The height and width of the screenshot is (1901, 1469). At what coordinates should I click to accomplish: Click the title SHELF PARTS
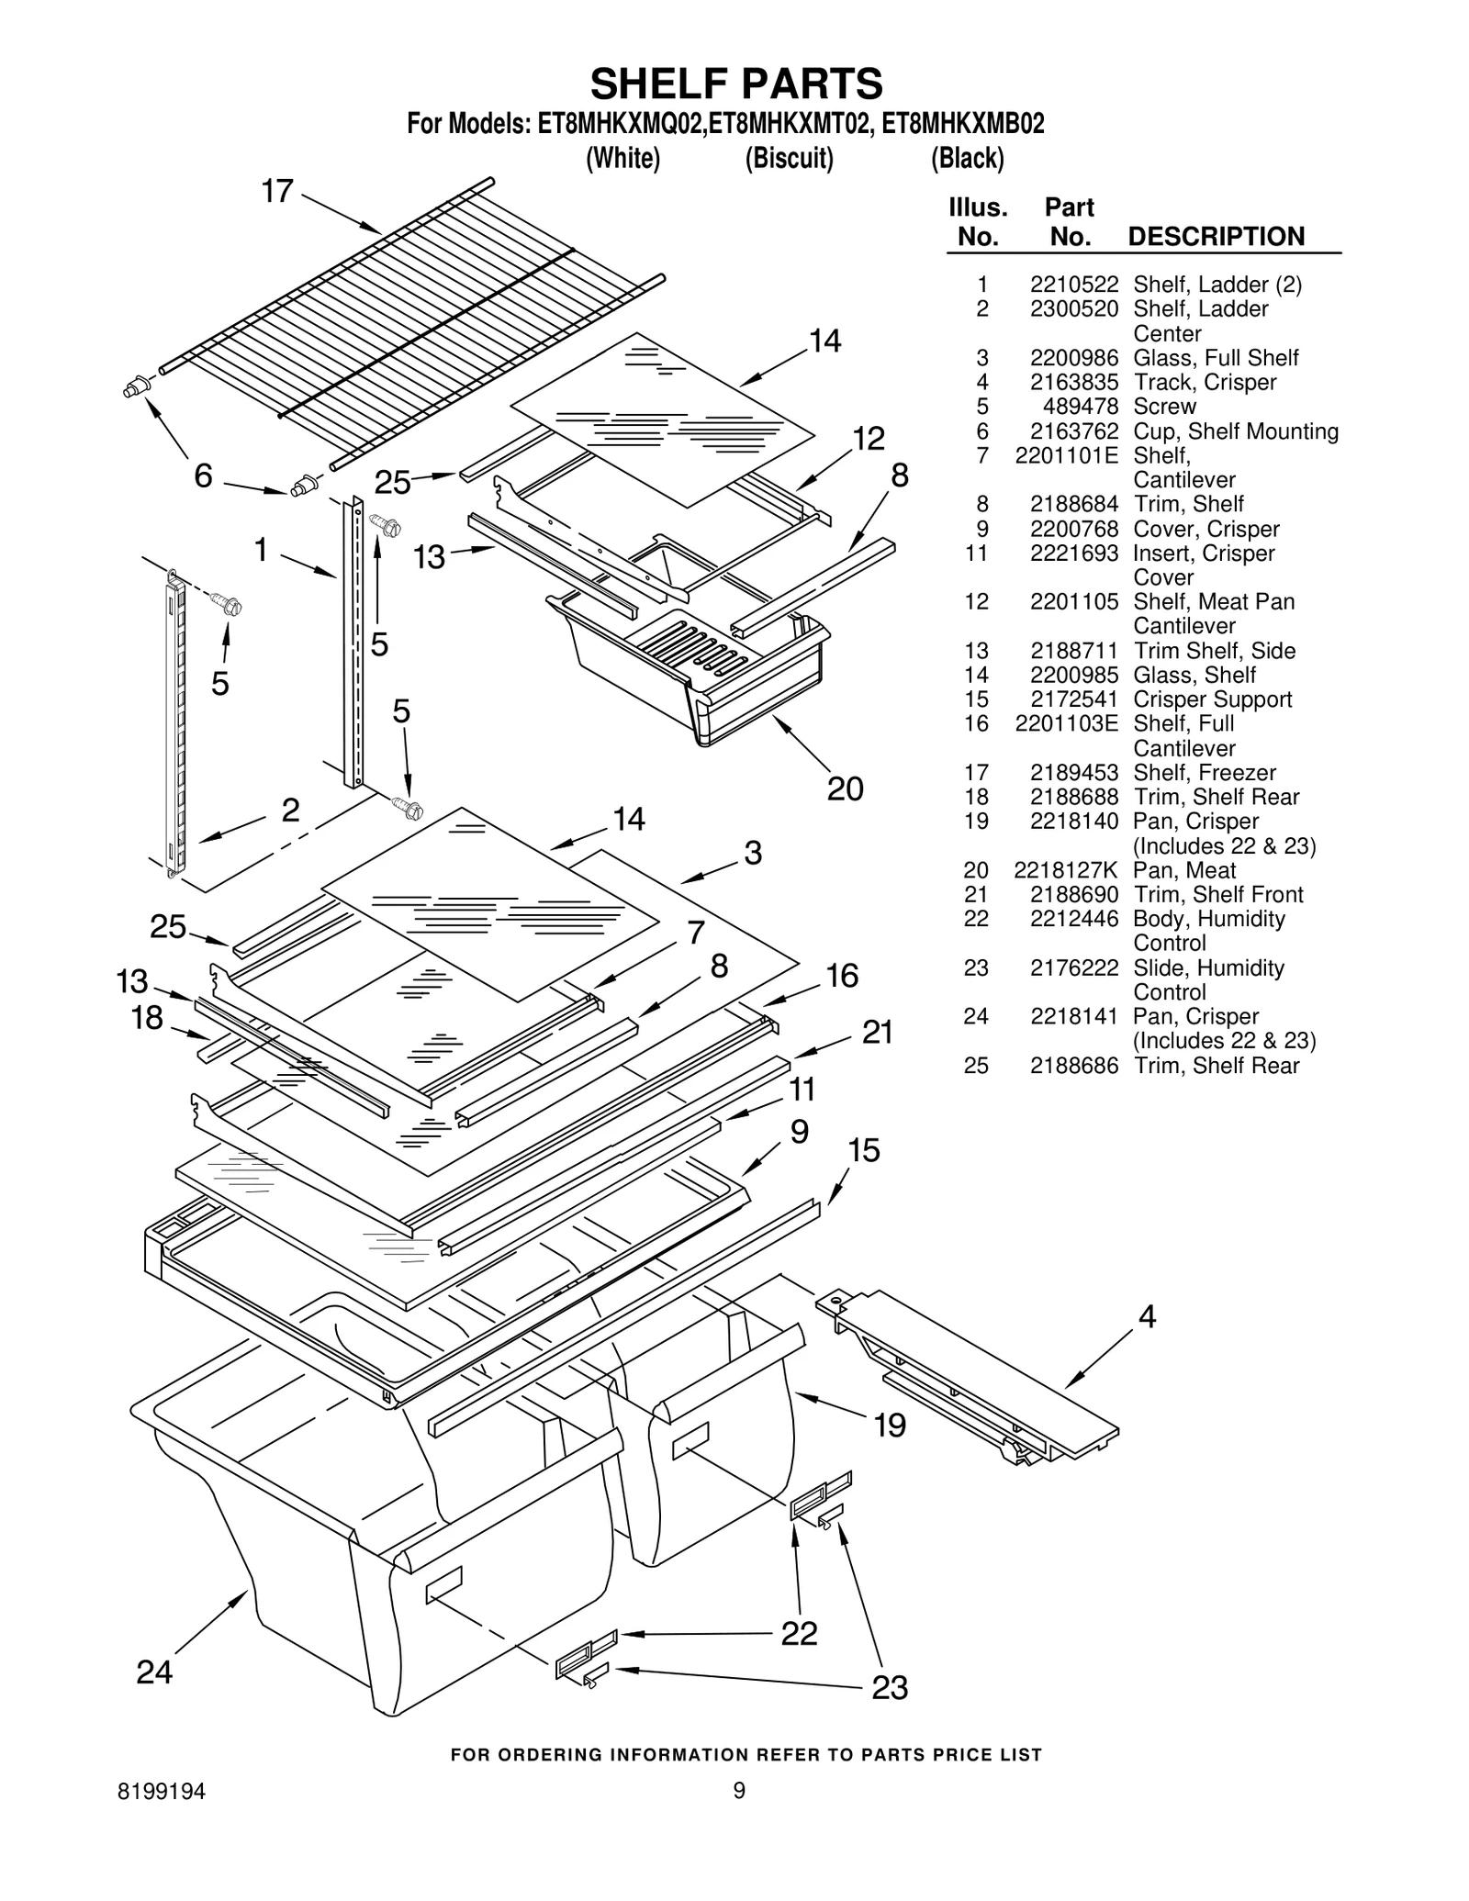(x=735, y=84)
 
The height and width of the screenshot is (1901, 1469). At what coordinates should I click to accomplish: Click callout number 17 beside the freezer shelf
(x=277, y=192)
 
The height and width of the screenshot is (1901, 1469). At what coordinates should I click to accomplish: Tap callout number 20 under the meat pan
(x=845, y=788)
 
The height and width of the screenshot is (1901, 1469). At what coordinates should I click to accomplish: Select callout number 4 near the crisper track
(x=1147, y=1317)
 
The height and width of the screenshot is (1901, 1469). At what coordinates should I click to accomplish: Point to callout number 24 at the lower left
(x=154, y=1672)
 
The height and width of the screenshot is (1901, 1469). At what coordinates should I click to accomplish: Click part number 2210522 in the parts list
(x=1073, y=285)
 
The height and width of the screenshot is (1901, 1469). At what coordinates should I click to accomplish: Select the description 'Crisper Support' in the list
(x=1212, y=699)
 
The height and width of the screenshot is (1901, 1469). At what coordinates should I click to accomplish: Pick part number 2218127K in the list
(x=1065, y=870)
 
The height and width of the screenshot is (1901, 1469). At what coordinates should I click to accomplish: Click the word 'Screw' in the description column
(x=1164, y=407)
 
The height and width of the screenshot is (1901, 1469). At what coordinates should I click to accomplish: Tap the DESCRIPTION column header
(x=1216, y=237)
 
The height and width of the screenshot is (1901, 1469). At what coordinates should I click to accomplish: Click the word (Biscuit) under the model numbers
(x=789, y=159)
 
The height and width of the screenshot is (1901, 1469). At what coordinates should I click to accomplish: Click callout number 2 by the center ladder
(x=290, y=810)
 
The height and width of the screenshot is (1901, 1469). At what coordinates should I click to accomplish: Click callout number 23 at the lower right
(x=889, y=1687)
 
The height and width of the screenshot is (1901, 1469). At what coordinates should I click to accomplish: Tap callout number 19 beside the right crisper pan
(x=889, y=1425)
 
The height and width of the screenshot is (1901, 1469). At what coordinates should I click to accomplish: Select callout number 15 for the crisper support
(x=863, y=1150)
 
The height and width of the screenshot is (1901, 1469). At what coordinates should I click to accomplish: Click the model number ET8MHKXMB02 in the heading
(x=962, y=124)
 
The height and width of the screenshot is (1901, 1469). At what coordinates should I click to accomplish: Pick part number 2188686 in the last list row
(x=1073, y=1066)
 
